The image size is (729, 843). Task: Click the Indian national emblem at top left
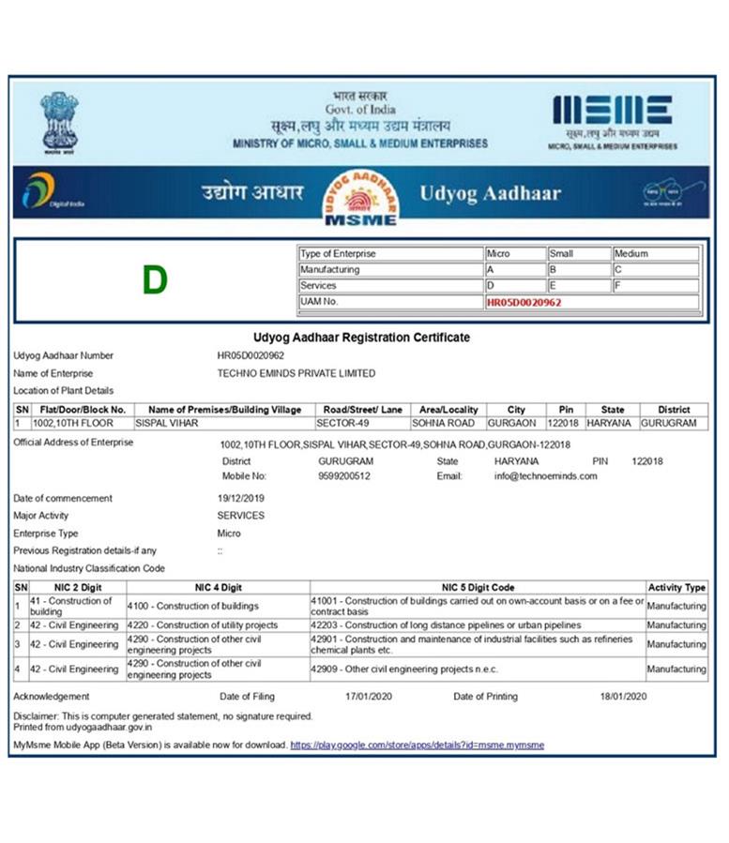click(x=60, y=121)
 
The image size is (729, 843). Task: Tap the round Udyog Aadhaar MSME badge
click(x=360, y=198)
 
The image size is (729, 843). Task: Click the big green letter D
click(x=155, y=279)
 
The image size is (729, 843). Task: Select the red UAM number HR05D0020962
click(x=524, y=302)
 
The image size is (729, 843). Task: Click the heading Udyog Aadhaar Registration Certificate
click(x=361, y=337)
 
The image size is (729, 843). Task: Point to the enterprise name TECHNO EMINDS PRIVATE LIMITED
click(x=296, y=373)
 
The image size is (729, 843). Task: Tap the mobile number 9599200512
click(x=344, y=476)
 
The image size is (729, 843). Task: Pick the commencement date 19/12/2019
click(x=241, y=498)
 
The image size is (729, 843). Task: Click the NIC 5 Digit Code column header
click(x=478, y=587)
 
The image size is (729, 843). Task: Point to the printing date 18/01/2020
click(x=624, y=697)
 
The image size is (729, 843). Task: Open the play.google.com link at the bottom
click(x=417, y=745)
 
